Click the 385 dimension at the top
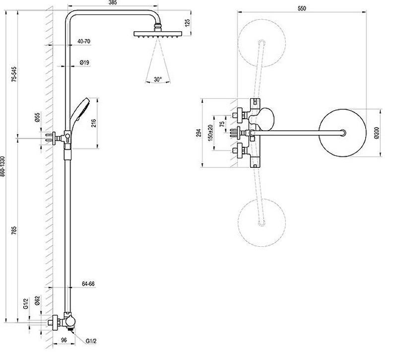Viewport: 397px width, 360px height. point(113,3)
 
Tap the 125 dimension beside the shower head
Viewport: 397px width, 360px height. point(188,23)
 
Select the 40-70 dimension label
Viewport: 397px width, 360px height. point(84,41)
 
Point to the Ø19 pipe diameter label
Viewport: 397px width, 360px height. point(84,63)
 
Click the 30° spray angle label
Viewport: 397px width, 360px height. point(157,79)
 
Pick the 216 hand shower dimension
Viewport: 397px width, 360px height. point(93,123)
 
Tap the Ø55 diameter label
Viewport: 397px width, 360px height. point(37,118)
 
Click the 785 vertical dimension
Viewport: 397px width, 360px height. point(14,230)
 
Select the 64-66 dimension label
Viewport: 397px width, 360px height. point(88,284)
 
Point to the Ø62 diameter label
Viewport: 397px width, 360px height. point(37,301)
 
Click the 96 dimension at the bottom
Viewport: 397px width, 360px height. point(64,340)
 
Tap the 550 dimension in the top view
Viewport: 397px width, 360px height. point(302,8)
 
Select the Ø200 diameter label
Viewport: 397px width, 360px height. point(377,133)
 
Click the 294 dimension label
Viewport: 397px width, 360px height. point(199,133)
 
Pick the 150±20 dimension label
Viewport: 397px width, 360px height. point(210,133)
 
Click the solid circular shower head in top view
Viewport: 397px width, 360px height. point(342,133)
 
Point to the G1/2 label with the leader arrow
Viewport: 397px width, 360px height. point(91,341)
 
